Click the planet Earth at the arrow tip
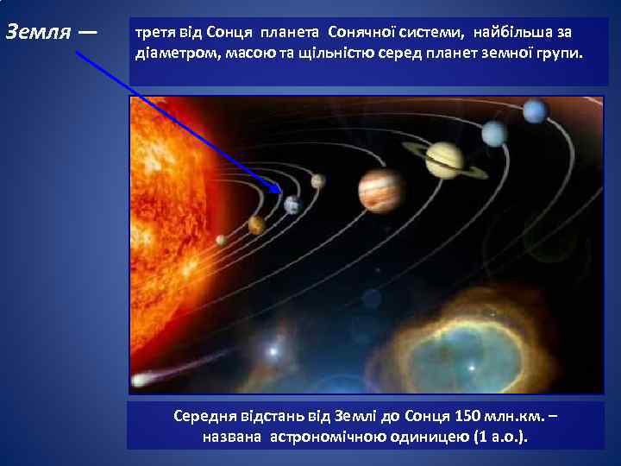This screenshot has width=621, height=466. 292,204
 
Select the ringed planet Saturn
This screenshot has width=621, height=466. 445,160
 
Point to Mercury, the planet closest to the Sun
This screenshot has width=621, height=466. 222,240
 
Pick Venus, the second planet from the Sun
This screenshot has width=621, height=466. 256,225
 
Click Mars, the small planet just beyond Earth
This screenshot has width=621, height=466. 318,181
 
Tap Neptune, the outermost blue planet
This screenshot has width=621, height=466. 536,110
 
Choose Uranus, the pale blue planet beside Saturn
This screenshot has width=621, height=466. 495,133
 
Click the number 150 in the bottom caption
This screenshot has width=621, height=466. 454,416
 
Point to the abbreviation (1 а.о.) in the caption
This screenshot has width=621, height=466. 499,436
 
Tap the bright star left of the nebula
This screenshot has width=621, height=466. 274,351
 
